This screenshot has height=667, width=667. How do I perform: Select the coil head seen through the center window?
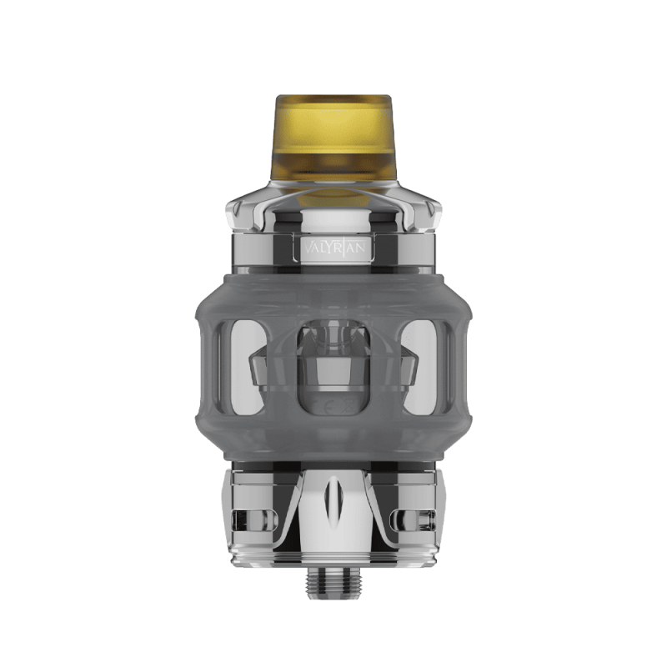(x=333, y=367)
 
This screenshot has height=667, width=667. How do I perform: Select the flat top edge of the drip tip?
(x=333, y=98)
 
